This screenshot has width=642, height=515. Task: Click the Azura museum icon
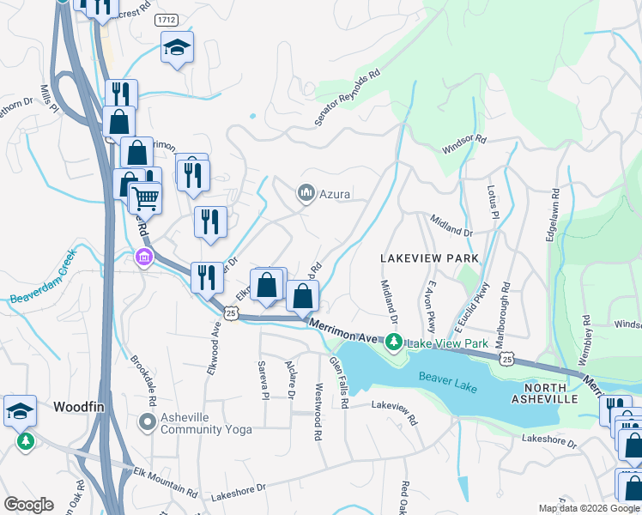[x=306, y=195]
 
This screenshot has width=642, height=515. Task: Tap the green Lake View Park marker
[x=394, y=343]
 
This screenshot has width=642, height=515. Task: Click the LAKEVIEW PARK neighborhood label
[x=429, y=258]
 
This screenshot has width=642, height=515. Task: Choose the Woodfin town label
[x=79, y=406]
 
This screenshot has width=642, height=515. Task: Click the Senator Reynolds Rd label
[x=347, y=99]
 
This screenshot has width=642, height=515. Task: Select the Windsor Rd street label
[x=464, y=143]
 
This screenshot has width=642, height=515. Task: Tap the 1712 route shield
[x=166, y=19]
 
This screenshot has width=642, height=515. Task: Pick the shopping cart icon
[x=145, y=197]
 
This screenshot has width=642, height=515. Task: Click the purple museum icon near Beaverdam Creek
[x=143, y=257]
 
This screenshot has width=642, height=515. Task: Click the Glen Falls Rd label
[x=338, y=382]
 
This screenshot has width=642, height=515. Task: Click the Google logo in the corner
[x=28, y=505]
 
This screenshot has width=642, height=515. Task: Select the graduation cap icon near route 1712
[x=177, y=47]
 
